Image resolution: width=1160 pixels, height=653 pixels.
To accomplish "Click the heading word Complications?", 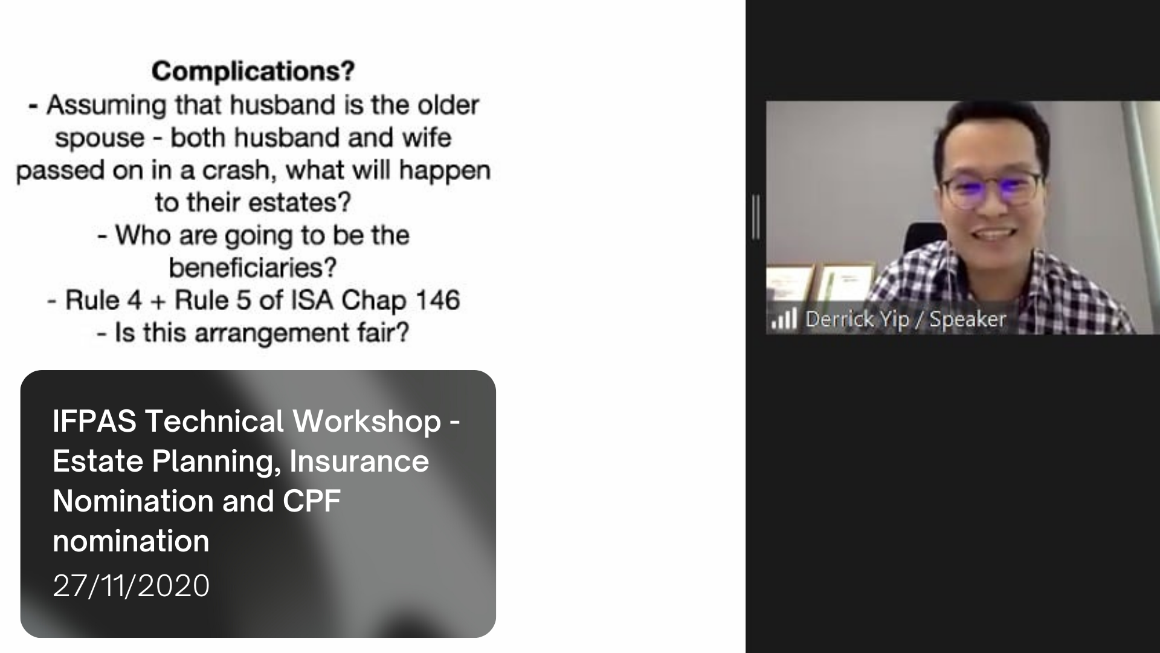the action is (x=253, y=72).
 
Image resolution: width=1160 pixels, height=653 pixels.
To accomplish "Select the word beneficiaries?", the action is (x=253, y=267).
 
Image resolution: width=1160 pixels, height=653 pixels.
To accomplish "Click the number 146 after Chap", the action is (x=437, y=300).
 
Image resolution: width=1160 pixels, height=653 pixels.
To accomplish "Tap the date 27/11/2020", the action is (x=131, y=585).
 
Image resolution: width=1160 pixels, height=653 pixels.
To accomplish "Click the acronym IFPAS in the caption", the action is (x=94, y=421).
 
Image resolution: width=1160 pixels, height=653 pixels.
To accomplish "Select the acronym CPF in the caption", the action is (x=312, y=501).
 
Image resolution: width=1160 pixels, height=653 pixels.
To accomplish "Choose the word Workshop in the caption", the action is (x=367, y=421).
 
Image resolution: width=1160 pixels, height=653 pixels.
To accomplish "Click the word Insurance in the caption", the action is (x=359, y=461).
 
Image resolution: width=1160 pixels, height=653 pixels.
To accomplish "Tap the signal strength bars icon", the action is (x=784, y=319).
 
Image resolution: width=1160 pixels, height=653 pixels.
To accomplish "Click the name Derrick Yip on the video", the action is (x=857, y=319).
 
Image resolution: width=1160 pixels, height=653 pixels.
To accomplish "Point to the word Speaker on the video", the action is (x=968, y=319).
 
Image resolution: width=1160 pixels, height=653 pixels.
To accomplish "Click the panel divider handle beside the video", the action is (x=756, y=216).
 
